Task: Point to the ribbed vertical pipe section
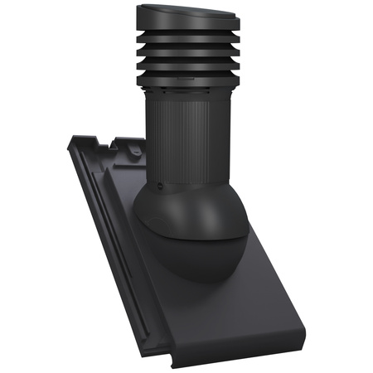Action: click(x=184, y=133)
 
